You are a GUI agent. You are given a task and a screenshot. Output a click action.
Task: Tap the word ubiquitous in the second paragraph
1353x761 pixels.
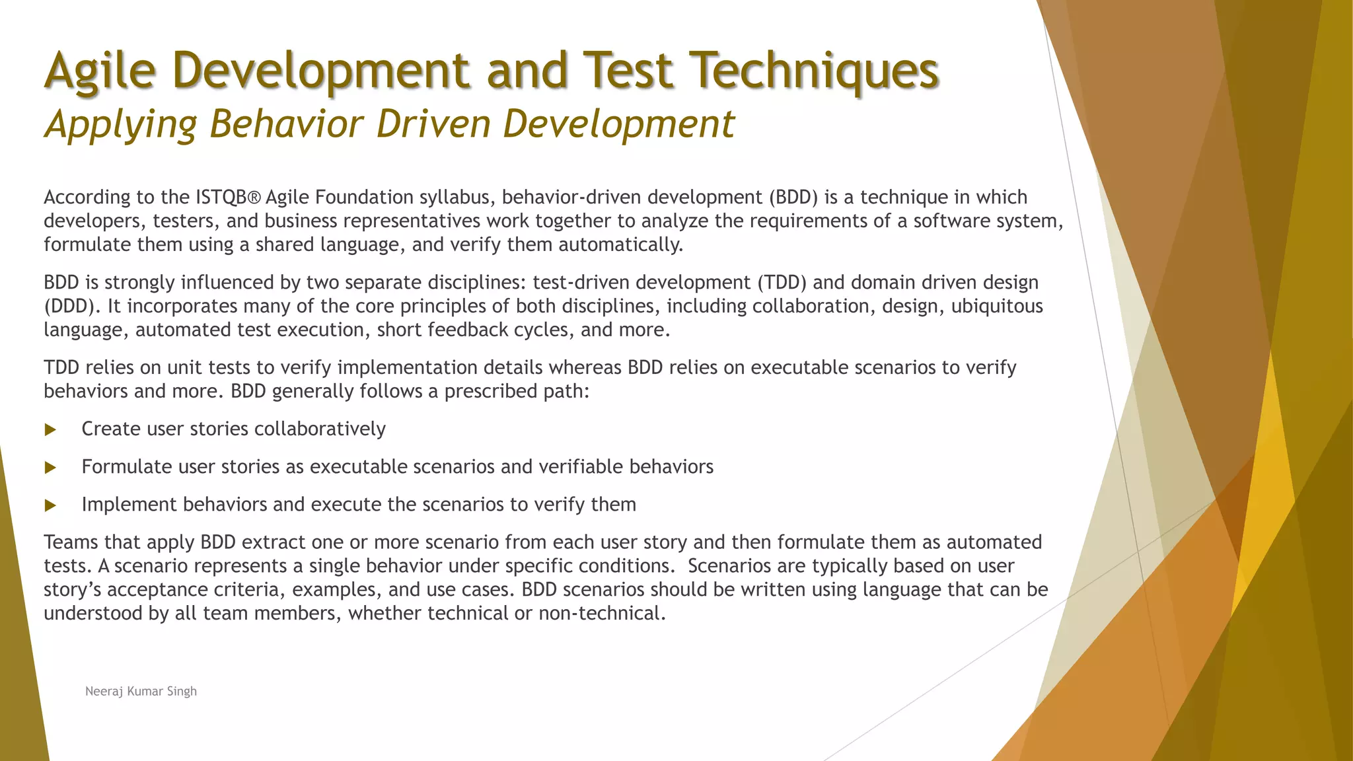pos(996,307)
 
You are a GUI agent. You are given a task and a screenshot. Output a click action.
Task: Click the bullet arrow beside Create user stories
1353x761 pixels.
pos(50,430)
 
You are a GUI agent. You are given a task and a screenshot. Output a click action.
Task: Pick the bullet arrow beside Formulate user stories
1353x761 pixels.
pos(50,468)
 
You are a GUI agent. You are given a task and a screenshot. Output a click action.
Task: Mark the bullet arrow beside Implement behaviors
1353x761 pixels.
pos(50,505)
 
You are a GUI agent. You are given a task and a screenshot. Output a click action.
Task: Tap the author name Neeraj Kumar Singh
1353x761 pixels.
pos(141,691)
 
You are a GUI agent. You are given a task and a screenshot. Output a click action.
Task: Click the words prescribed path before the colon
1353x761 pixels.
pos(515,392)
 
